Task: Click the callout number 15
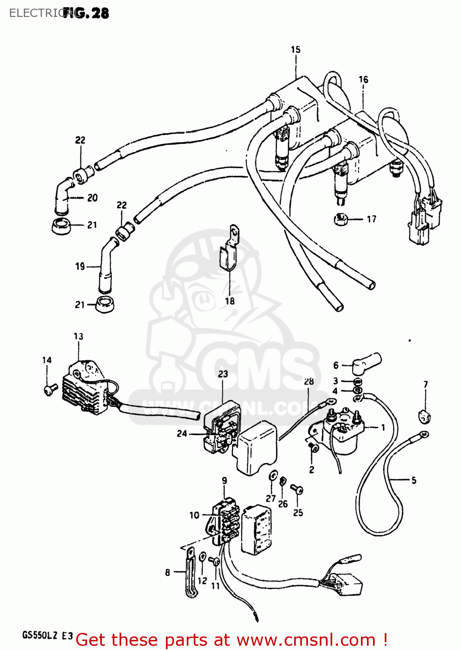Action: pos(295,50)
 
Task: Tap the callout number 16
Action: pos(363,80)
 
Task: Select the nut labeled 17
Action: pos(341,219)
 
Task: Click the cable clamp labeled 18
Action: pos(229,253)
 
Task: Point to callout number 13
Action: pos(78,336)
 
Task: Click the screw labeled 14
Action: pos(50,389)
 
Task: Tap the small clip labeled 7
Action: pos(425,417)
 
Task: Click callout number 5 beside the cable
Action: pos(414,480)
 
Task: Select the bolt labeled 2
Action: pos(314,448)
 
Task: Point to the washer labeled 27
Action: pos(273,475)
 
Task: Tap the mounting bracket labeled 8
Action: pos(191,572)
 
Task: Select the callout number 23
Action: pos(223,374)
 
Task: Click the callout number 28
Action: pos(308,382)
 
